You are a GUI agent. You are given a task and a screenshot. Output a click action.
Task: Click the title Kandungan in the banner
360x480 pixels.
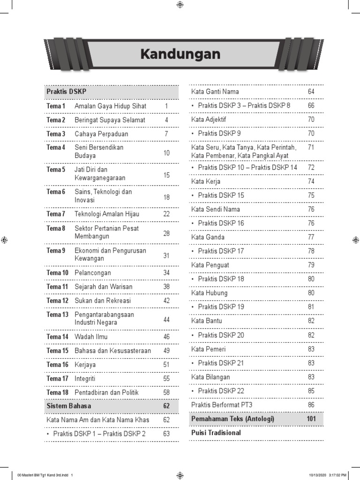pos(180,54)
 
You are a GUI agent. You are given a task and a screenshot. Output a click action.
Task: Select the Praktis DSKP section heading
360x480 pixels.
pos(66,92)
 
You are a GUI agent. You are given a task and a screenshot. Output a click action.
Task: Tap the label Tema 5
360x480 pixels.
pos(56,170)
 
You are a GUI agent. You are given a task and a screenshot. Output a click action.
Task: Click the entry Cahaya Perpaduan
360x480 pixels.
pos(101,134)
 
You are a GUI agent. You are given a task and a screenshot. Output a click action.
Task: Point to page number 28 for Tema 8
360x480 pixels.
pos(166,233)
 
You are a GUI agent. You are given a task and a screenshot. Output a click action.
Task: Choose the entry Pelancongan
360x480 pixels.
pos(93,273)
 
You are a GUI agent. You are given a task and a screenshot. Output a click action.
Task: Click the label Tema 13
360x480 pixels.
pos(58,315)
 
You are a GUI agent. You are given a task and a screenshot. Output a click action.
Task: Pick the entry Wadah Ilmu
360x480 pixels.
pos(91,337)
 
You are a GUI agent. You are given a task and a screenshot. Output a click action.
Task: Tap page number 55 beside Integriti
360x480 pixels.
pos(166,378)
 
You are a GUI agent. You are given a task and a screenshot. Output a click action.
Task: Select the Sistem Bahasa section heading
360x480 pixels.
pos(69,406)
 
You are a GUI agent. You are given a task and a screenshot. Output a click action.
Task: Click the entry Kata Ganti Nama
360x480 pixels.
pos(215,92)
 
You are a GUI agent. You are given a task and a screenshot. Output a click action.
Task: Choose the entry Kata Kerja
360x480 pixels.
pos(206,181)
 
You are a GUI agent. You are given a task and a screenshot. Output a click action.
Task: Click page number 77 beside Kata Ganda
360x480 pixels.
pos(311,237)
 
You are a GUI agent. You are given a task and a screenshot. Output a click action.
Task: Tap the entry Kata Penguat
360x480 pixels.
pos(210,265)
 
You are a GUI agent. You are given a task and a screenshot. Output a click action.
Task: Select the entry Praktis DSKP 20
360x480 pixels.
pos(221,335)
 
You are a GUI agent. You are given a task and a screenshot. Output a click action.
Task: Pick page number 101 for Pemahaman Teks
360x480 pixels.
pos(311,419)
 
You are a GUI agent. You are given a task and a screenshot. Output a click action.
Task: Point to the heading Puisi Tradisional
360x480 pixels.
pos(216,433)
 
